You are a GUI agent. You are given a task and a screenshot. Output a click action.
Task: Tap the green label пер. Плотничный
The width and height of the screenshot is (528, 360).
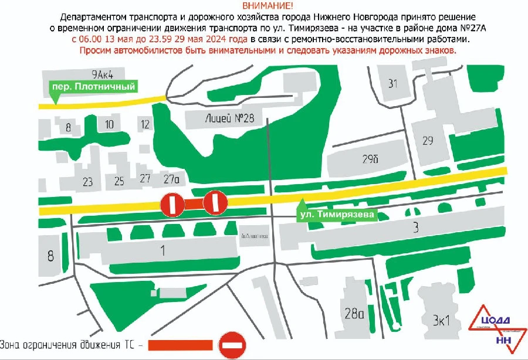pyautogui.click(x=94, y=87)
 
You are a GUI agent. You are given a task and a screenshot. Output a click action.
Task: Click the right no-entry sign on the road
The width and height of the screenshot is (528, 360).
pyautogui.click(x=215, y=203)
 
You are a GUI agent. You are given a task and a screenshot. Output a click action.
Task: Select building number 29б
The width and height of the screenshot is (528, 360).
pyautogui.click(x=370, y=159)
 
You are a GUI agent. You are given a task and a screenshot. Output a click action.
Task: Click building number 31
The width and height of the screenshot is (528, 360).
pyautogui.click(x=393, y=83)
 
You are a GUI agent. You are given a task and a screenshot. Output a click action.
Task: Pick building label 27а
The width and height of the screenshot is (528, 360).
pyautogui.click(x=171, y=179)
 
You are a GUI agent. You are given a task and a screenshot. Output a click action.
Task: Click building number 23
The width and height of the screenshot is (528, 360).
pyautogui.click(x=88, y=182)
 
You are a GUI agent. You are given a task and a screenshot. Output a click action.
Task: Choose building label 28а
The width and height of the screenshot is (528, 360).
pyautogui.click(x=354, y=314)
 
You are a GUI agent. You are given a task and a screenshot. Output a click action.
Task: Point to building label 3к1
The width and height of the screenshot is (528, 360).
pyautogui.click(x=441, y=320)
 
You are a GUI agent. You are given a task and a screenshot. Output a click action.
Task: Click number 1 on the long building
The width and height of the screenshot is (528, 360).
pyautogui.click(x=163, y=250)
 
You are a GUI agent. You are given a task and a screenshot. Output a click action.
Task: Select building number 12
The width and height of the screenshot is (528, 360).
pyautogui.click(x=145, y=124)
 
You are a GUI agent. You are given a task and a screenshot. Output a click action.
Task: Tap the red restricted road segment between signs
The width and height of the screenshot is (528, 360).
pyautogui.click(x=194, y=203)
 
